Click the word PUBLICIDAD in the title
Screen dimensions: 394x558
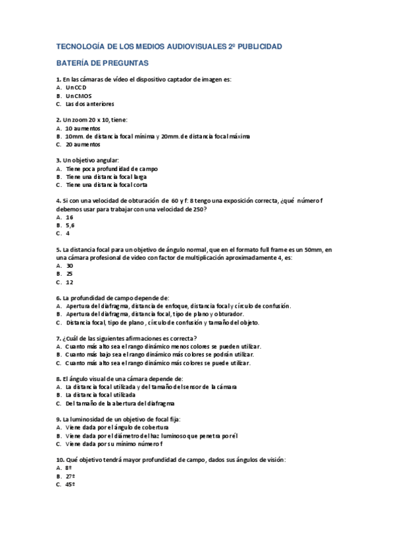[259, 47]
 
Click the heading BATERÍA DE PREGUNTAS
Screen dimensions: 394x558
[103, 63]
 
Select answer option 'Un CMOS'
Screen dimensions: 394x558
[79, 95]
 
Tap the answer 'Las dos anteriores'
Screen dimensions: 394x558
[89, 104]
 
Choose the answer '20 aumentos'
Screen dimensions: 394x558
[83, 144]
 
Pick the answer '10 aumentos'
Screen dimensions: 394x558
[83, 128]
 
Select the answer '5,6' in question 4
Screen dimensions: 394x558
[70, 225]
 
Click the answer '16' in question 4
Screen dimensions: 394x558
[70, 217]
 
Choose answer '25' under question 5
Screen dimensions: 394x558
[70, 274]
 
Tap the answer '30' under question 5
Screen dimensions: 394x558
[70, 266]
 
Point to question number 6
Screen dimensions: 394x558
[59, 298]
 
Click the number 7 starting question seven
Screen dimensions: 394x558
[59, 338]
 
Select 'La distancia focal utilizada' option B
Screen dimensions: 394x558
[103, 395]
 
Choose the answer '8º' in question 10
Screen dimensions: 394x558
[69, 467]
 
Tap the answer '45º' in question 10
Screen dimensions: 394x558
[70, 484]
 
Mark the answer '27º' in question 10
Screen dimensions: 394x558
[70, 476]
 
